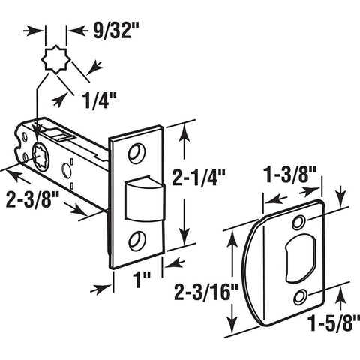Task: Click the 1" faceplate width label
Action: [x=142, y=279]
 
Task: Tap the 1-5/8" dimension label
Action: [x=334, y=322]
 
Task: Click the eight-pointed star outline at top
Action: [x=56, y=59]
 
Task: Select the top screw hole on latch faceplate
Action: [x=136, y=154]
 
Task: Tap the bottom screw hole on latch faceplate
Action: [x=137, y=241]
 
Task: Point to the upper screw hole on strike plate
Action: [x=298, y=223]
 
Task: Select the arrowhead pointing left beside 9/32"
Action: [x=77, y=31]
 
